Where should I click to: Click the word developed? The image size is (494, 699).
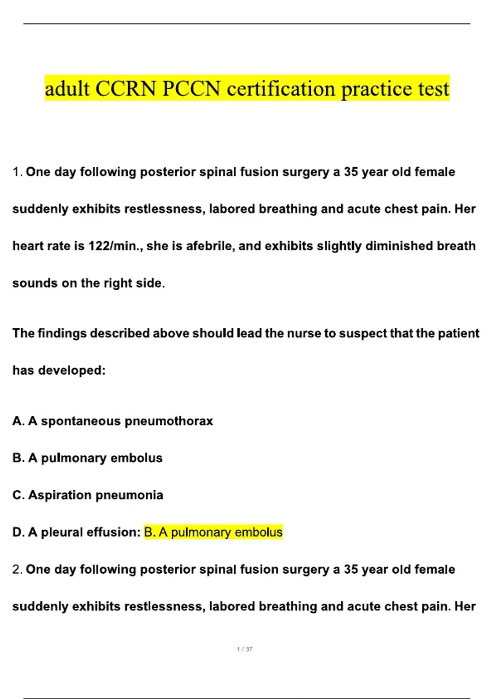pos(72,370)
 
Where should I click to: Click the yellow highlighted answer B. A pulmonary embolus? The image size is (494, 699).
pos(213,532)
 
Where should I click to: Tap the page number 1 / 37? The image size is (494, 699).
pos(245,649)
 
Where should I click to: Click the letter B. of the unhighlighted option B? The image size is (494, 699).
pos(19,458)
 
